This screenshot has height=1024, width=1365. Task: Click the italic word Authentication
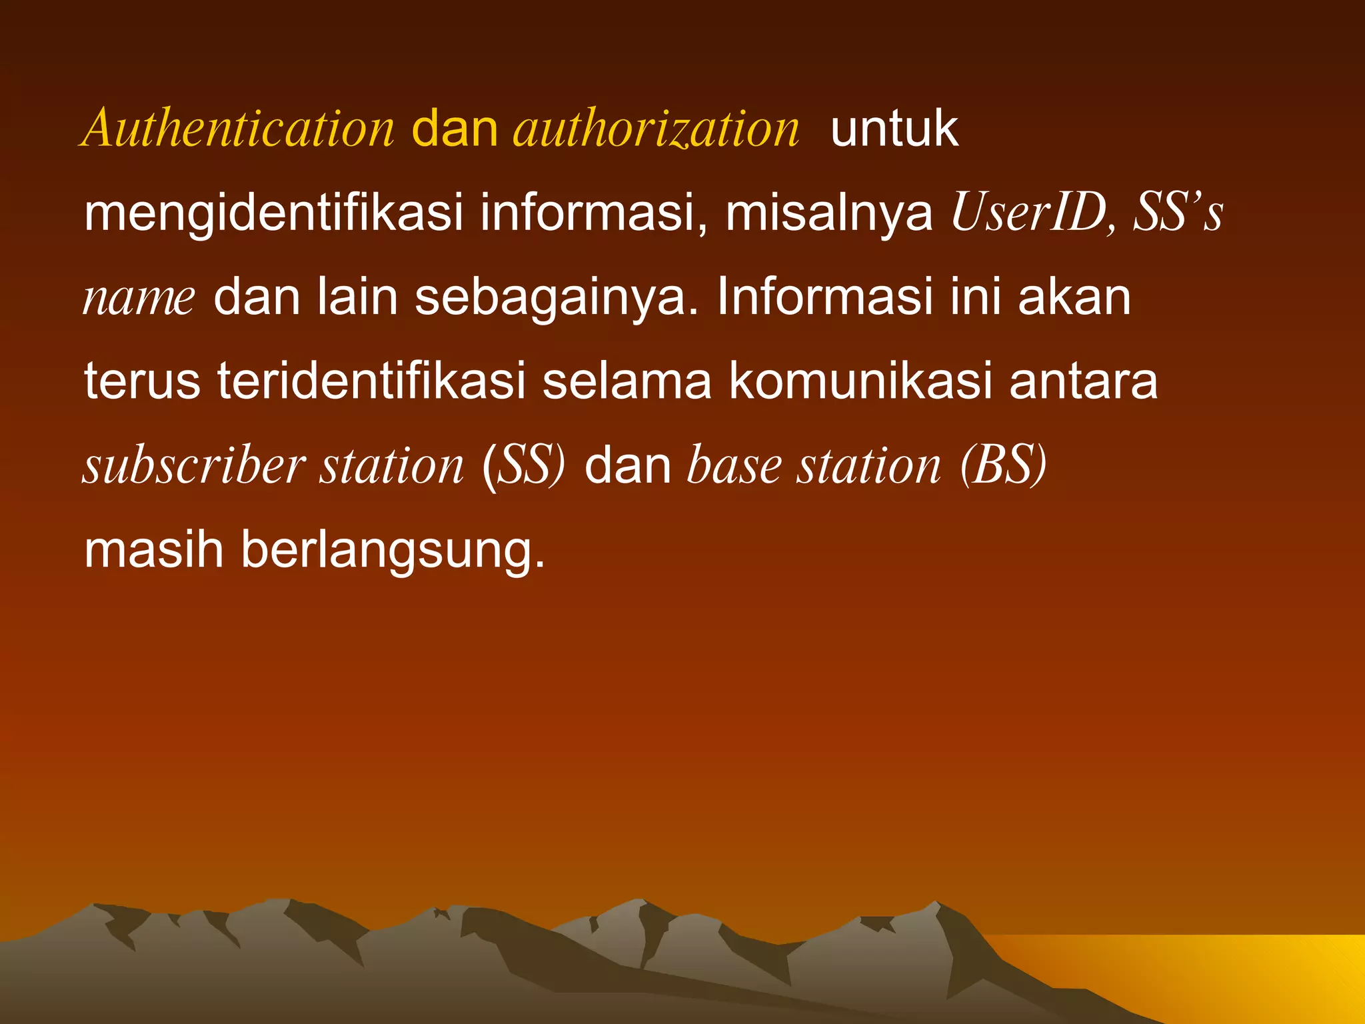click(x=239, y=128)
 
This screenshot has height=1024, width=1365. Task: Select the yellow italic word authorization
click(x=656, y=128)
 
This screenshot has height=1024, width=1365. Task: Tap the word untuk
click(x=894, y=128)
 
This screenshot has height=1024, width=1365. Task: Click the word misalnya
click(x=828, y=213)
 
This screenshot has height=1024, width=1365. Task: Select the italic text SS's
click(x=1178, y=213)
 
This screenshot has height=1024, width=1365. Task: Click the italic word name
click(x=139, y=298)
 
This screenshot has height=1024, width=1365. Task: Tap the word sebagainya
click(x=557, y=298)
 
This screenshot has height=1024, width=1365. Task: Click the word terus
click(x=142, y=381)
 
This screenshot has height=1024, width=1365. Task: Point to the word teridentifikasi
click(x=371, y=381)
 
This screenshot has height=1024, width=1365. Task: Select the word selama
click(x=627, y=381)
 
